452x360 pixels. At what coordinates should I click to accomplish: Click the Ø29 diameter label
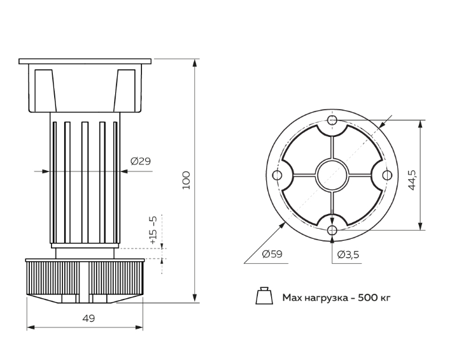141,161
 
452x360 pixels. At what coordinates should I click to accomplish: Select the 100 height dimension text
187,180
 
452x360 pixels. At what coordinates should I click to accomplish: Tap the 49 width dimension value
88,319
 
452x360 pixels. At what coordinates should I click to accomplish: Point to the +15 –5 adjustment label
153,230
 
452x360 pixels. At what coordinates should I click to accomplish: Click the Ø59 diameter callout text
272,254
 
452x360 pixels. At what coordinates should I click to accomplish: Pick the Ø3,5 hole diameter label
348,254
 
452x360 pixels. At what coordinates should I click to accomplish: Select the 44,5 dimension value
412,180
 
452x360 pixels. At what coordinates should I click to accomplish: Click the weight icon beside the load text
264,296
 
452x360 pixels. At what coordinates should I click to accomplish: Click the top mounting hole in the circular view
332,120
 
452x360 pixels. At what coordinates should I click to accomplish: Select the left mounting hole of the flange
278,175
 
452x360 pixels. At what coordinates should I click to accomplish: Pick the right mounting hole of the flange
387,175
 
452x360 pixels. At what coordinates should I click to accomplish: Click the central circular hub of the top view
332,175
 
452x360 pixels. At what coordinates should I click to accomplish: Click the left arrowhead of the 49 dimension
31,328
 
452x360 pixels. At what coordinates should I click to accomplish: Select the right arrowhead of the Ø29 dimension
124,171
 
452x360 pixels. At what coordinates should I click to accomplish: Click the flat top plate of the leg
85,61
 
